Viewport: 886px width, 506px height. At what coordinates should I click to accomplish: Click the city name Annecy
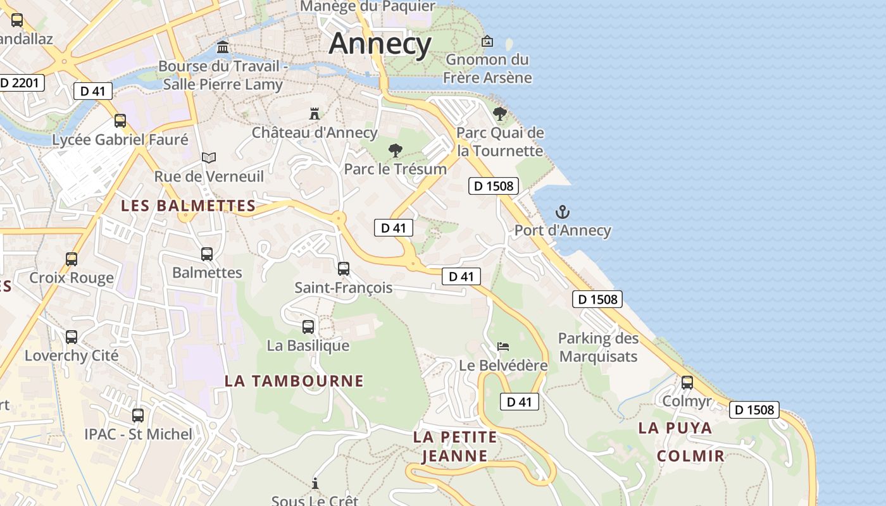tap(380, 44)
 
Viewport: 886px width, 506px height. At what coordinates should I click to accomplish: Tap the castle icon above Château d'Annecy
tap(314, 114)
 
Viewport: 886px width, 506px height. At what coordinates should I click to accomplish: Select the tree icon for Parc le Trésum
tap(395, 151)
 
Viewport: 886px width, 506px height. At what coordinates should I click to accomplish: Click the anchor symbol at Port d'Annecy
tap(562, 212)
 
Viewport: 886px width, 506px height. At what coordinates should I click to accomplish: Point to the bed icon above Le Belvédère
tap(503, 347)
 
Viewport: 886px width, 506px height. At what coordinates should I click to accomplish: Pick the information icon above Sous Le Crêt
tap(315, 484)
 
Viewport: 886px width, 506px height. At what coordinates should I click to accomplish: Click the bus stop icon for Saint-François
tap(344, 269)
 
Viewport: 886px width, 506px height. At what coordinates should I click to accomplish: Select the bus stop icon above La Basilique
tap(308, 327)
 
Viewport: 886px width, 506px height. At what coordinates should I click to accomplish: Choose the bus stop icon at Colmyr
tap(687, 383)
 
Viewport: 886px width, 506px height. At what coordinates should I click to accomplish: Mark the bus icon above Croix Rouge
tap(72, 259)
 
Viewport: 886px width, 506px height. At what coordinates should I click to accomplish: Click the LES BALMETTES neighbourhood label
tap(189, 206)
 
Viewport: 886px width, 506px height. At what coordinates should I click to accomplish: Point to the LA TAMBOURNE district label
tap(294, 381)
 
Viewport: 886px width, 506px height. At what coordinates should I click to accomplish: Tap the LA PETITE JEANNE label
tap(454, 446)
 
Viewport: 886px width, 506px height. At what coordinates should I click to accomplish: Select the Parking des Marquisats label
tap(598, 347)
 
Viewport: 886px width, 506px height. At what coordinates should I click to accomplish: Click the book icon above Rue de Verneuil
tap(209, 157)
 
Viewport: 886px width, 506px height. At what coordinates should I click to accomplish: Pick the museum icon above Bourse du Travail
tap(223, 47)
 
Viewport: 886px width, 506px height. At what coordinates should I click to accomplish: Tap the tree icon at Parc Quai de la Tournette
tap(499, 114)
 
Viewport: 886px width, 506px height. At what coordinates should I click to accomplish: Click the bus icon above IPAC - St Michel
tap(138, 416)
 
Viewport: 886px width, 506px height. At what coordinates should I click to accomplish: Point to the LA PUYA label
tap(675, 428)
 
